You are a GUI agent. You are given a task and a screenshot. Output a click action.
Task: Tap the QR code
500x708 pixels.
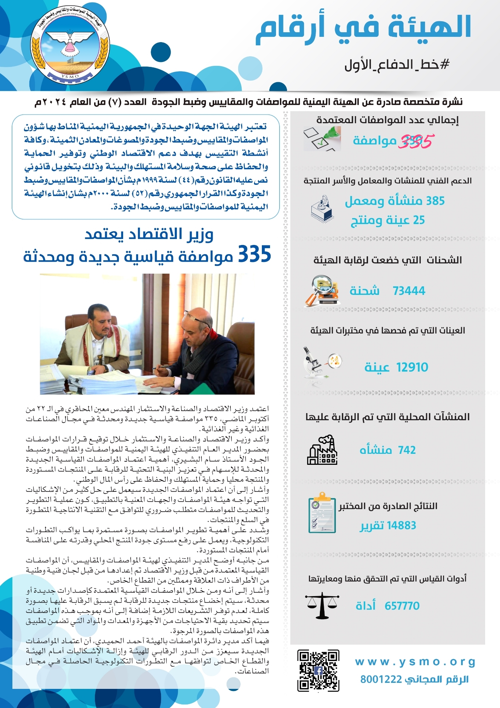tap(318, 670)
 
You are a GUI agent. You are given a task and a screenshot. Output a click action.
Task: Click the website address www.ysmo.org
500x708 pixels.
tap(415, 661)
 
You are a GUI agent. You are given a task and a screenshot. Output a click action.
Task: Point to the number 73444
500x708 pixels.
tap(409, 291)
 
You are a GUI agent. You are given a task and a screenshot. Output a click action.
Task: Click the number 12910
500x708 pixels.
tap(412, 367)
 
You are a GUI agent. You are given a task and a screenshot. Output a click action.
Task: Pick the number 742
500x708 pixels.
tap(407, 450)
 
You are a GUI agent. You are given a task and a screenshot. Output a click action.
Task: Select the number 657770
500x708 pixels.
tap(402, 606)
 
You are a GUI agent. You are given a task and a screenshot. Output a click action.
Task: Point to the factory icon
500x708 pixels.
tap(322, 450)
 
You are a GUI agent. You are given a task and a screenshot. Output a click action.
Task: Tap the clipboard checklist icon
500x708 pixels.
tap(322, 513)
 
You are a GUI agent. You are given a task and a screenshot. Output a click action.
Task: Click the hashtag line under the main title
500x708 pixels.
tap(397, 64)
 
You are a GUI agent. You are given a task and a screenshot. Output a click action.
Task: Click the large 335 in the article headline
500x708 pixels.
tap(254, 254)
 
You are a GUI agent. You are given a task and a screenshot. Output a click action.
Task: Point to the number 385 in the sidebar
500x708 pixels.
tap(435, 201)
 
